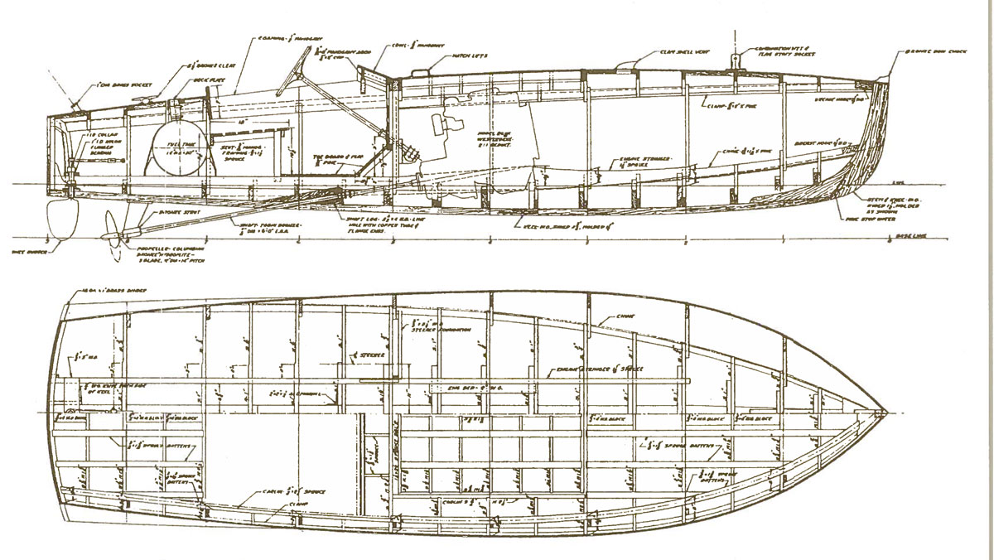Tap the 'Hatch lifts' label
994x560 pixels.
tap(470, 56)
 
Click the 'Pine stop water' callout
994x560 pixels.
tap(882, 221)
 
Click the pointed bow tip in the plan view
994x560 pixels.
tap(886, 412)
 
